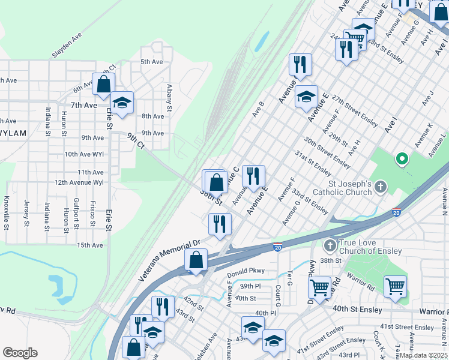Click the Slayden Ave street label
coord(67,46)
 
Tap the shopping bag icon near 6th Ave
coord(103,85)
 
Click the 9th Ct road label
coord(135,141)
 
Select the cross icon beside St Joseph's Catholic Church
coord(380,188)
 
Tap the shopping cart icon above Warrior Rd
coord(395,286)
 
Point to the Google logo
coord(20,353)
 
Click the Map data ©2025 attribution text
coord(423,355)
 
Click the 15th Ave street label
coord(89,245)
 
